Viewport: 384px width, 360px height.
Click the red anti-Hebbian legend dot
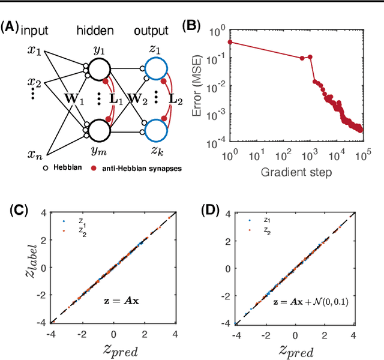(94, 168)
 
